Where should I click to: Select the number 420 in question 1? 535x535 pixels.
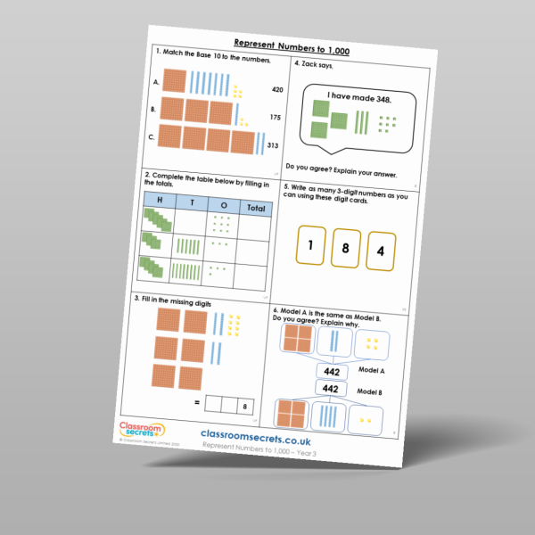pyautogui.click(x=277, y=90)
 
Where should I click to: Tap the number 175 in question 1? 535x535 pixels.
pyautogui.click(x=276, y=117)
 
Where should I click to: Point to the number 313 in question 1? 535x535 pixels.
pyautogui.click(x=273, y=146)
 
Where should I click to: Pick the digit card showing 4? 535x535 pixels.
pyautogui.click(x=380, y=251)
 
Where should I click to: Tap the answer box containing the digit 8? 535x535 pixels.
pyautogui.click(x=244, y=407)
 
